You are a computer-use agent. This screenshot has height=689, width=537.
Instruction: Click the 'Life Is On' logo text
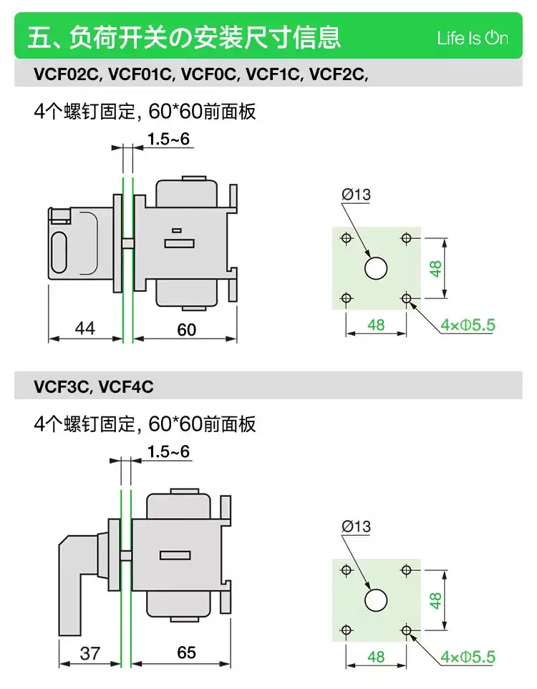473,38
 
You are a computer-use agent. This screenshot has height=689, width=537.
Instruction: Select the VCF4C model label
126,386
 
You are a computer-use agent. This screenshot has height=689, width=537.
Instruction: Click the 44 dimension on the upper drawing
85,328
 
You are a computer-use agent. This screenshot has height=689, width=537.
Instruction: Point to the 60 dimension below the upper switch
186,330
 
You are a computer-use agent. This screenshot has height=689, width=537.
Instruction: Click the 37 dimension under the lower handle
90,653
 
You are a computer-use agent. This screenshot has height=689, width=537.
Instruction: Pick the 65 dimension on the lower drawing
186,653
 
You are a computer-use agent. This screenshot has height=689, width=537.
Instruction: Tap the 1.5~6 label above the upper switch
168,140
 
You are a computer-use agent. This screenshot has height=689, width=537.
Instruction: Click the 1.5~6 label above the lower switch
168,451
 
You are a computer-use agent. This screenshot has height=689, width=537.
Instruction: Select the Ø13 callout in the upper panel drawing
357,194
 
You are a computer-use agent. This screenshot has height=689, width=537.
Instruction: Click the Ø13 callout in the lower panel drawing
357,526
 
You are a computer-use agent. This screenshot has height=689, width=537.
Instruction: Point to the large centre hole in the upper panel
376,268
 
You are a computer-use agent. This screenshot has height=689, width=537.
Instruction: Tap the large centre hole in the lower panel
376,600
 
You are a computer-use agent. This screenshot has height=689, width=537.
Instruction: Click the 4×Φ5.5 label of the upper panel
468,325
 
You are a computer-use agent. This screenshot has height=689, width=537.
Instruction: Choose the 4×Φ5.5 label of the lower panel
468,657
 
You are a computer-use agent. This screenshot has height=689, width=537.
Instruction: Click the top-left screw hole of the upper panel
347,238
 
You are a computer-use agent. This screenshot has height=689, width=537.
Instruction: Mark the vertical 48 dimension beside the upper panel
435,268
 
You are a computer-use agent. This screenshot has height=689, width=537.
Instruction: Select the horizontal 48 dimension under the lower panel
376,657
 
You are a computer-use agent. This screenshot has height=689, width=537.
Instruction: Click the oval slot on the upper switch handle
59,253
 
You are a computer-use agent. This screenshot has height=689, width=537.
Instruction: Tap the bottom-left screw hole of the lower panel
347,630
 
